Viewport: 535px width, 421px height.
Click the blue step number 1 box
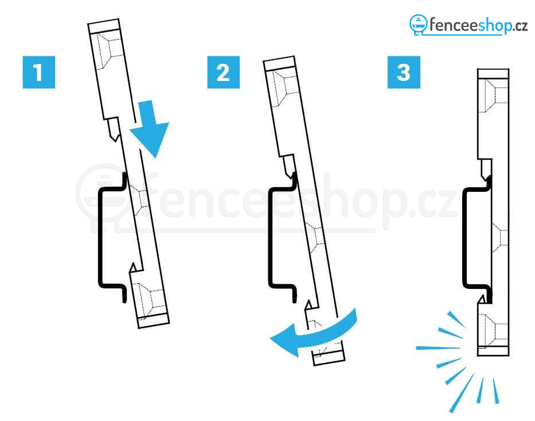(x=38, y=72)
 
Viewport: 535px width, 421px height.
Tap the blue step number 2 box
(x=223, y=72)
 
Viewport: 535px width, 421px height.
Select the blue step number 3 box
(x=404, y=72)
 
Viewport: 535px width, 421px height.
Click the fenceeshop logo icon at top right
(x=419, y=24)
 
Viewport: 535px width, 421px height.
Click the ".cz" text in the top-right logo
(x=520, y=26)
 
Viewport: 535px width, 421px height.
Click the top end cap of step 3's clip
(x=493, y=74)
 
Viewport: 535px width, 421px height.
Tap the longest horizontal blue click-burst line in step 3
(x=439, y=348)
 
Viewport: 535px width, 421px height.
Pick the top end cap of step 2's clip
(x=280, y=63)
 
